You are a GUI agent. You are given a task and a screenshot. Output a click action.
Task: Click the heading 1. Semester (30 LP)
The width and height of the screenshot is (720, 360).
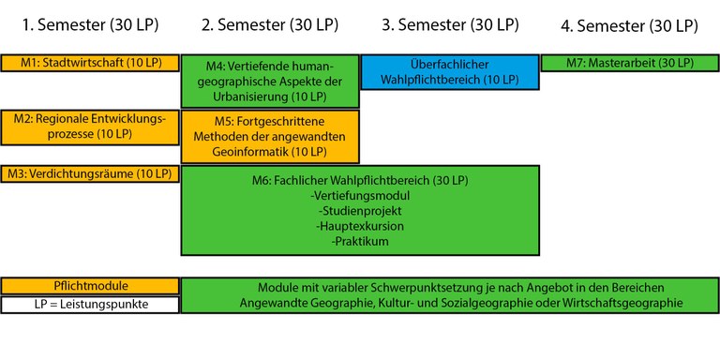coord(89,25)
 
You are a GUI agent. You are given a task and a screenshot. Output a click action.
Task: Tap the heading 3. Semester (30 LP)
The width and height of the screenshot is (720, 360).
coord(449,25)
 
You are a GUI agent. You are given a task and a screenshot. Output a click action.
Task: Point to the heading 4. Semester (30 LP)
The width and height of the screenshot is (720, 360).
coord(629,26)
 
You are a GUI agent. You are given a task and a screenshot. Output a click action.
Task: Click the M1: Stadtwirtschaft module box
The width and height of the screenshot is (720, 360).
coord(90,63)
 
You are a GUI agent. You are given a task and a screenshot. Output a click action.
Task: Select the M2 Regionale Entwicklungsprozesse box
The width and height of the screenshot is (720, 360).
coord(90,127)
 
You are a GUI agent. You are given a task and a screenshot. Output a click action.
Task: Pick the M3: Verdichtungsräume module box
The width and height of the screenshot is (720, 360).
coord(90,173)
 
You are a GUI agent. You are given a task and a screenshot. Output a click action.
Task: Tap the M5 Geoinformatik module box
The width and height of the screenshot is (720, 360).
coord(270,136)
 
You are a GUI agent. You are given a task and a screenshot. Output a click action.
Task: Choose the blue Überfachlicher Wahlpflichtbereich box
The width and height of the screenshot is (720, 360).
coord(449,72)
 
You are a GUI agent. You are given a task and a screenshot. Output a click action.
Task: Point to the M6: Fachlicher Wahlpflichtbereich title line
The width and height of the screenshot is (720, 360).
coord(360,180)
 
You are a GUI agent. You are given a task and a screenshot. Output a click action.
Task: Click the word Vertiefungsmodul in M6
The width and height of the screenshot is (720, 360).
coord(360,195)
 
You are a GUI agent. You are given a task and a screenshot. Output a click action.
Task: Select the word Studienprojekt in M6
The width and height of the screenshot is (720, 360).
coord(360,211)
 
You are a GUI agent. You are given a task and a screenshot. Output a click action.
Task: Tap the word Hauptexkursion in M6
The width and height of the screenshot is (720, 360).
coord(360,226)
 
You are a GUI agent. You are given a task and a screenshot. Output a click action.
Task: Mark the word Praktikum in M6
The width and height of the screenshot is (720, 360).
coord(360,241)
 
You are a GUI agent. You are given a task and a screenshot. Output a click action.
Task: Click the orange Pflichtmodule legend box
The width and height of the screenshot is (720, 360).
coord(90,286)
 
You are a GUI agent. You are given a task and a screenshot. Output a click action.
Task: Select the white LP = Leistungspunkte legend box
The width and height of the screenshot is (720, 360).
coord(90,304)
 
